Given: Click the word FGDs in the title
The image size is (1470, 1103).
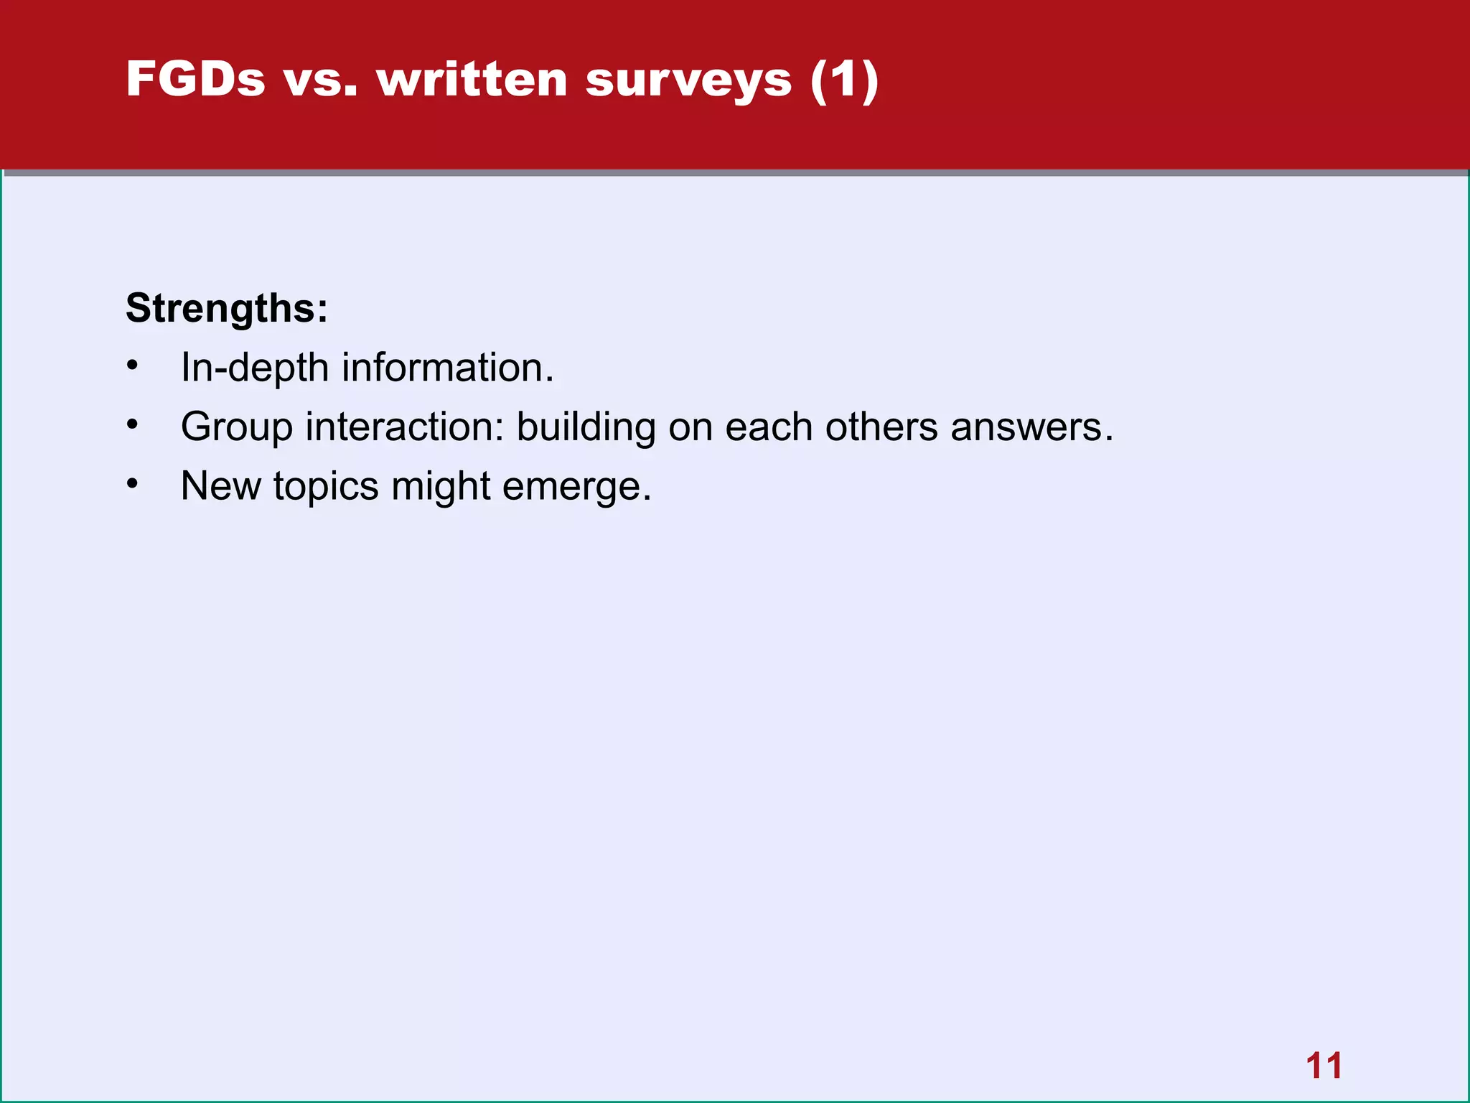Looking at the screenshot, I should [195, 79].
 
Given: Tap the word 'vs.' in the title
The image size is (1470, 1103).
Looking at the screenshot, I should [320, 79].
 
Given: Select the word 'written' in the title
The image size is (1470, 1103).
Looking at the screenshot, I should [472, 79].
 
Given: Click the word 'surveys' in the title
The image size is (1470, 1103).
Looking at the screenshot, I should [688, 80].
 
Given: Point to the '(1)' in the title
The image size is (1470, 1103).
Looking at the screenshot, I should [844, 80].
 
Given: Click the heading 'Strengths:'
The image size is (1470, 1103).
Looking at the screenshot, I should [227, 309].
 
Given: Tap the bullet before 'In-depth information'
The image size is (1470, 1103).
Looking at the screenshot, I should [132, 366].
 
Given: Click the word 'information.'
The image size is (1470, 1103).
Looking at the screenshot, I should [448, 368].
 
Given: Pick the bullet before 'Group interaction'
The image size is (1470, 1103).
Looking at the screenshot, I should [132, 425].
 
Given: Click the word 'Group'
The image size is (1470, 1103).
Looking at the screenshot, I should [237, 428].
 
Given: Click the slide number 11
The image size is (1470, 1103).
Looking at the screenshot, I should [1324, 1066].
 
